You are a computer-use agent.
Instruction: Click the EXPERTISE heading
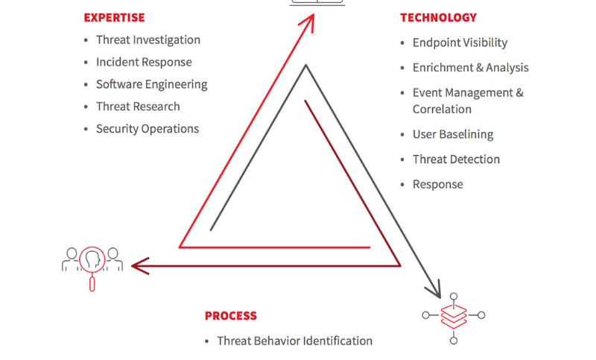(x=114, y=17)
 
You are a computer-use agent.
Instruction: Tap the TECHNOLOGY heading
(x=438, y=17)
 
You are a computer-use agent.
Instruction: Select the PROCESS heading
(x=231, y=316)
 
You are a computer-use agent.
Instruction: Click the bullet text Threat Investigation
(x=148, y=40)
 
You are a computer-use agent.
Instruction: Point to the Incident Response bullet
(x=144, y=63)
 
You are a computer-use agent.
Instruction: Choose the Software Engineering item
(x=151, y=84)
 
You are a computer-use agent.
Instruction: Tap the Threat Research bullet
(x=138, y=107)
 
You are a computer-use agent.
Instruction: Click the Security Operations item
(x=148, y=129)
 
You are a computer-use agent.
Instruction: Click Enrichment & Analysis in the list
(x=470, y=68)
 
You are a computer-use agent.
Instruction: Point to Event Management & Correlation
(x=468, y=101)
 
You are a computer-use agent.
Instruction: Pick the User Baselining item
(x=453, y=135)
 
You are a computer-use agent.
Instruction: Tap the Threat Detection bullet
(x=456, y=160)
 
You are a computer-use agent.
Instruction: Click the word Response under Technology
(x=437, y=184)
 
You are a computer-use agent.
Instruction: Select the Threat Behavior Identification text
(x=294, y=341)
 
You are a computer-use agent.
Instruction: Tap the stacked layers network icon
(x=453, y=316)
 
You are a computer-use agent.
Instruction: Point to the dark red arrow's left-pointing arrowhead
(x=137, y=265)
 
